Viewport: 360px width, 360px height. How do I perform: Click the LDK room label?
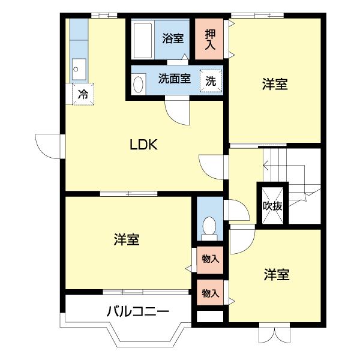pyautogui.click(x=144, y=145)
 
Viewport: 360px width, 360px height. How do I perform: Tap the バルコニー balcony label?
pyautogui.click(x=138, y=312)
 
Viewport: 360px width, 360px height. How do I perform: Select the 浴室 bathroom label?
pyautogui.click(x=173, y=39)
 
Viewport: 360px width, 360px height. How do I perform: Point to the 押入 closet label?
pyautogui.click(x=210, y=39)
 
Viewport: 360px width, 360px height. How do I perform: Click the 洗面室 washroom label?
pyautogui.click(x=175, y=79)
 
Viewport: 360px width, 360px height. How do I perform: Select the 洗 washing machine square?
pyautogui.click(x=211, y=80)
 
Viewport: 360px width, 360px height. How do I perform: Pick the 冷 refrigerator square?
pyautogui.click(x=83, y=94)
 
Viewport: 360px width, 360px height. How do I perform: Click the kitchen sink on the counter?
pyautogui.click(x=79, y=69)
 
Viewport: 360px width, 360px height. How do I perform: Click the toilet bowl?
pyautogui.click(x=209, y=227)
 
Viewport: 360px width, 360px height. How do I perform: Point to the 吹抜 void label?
pyautogui.click(x=273, y=205)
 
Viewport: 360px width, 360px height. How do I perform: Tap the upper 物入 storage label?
pyautogui.click(x=210, y=259)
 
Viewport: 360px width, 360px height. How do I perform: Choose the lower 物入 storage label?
pyautogui.click(x=210, y=293)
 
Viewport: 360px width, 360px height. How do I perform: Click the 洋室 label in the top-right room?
pyautogui.click(x=275, y=85)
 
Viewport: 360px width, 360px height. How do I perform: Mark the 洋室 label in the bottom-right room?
pyautogui.click(x=277, y=275)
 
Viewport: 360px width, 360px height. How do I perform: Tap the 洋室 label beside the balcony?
pyautogui.click(x=127, y=239)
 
